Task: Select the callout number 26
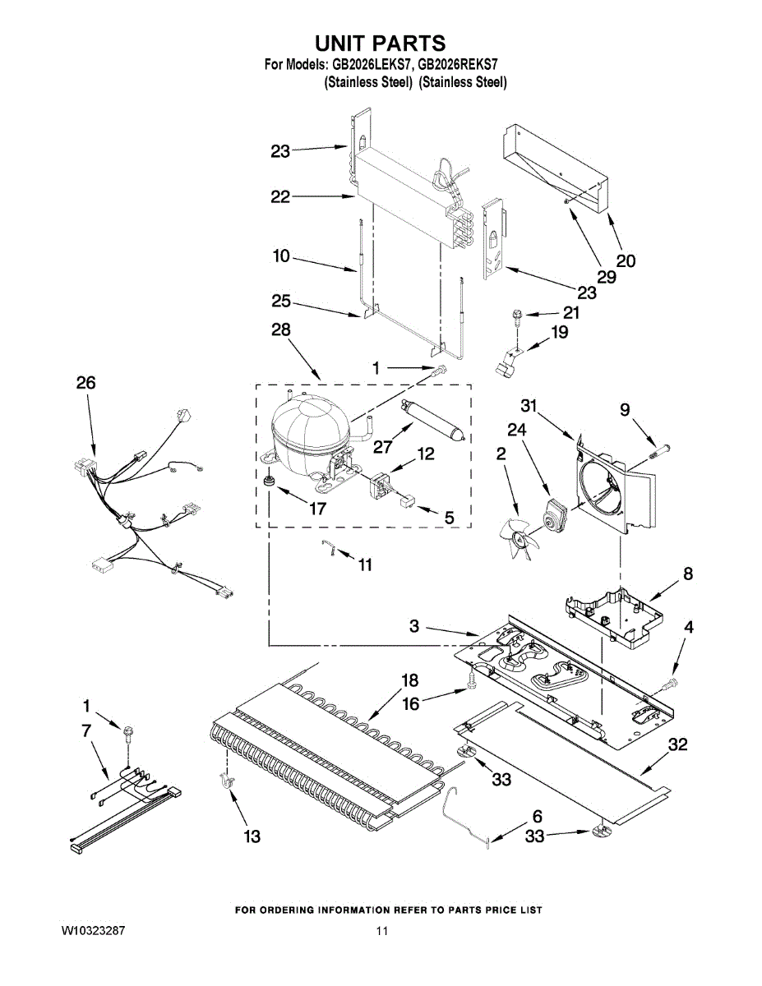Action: coord(85,383)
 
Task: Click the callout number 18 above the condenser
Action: coord(409,680)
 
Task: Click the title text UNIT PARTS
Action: coord(381,43)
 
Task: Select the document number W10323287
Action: coord(93,932)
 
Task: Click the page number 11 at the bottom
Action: coord(381,932)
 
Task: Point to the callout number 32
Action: coord(677,745)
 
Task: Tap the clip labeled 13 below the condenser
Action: coord(224,783)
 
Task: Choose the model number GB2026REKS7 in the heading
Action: coord(460,63)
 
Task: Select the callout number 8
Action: coord(687,574)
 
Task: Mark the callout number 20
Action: coord(626,261)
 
